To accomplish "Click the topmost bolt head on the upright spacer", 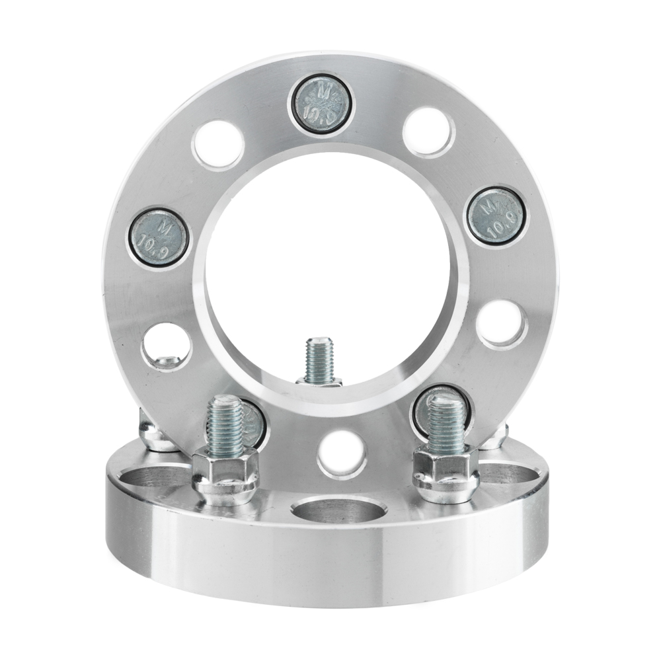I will (322, 104).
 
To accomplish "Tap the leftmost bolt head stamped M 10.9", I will (158, 240).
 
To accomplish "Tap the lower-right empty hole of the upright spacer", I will (502, 323).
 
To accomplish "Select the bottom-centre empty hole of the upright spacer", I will (342, 454).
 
